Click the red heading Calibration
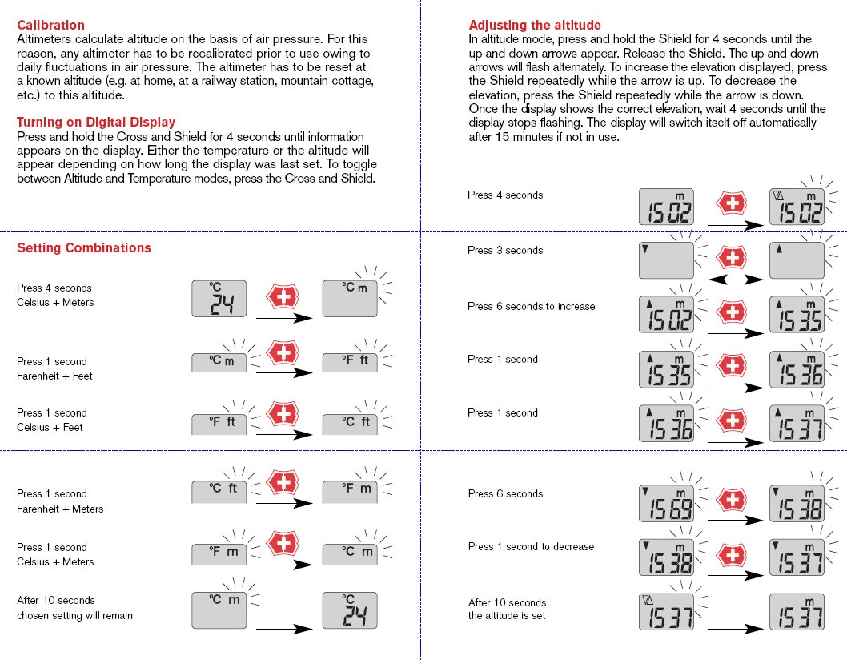50,26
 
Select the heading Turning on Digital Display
96,123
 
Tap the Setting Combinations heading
84,248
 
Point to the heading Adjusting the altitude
535,26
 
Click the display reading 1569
665,504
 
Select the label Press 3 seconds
505,251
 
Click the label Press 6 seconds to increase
532,307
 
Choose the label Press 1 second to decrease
531,547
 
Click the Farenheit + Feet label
55,376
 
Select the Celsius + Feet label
50,428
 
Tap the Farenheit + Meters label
60,509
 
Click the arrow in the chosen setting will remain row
283,630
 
